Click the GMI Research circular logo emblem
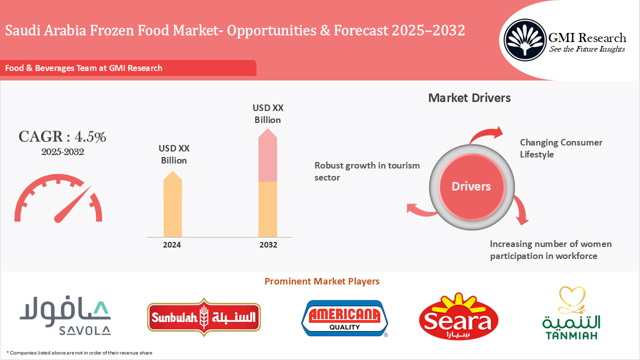(x=524, y=39)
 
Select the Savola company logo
(x=65, y=317)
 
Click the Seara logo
(x=458, y=317)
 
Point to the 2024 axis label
(x=172, y=245)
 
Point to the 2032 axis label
(x=268, y=245)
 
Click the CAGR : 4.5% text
(x=62, y=137)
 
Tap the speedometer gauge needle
(x=72, y=204)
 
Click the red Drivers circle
(x=471, y=186)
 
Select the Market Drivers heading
(x=469, y=98)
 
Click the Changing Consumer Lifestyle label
(x=561, y=148)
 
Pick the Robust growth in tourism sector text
(x=367, y=171)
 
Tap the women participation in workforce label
(x=550, y=250)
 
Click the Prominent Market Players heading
(x=321, y=281)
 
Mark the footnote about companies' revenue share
(x=79, y=353)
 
